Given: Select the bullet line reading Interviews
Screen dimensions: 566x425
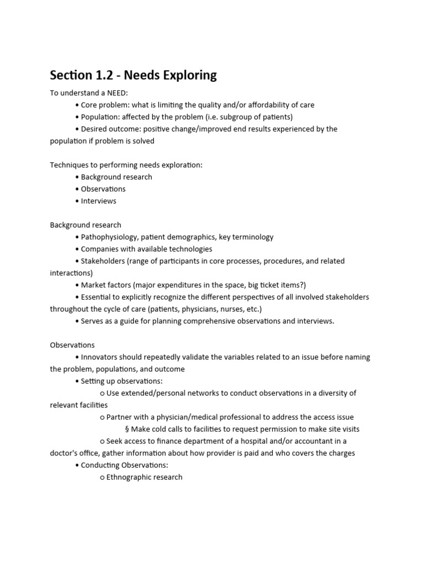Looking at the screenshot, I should (x=99, y=201).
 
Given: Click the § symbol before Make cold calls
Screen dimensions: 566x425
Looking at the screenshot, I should (x=127, y=429).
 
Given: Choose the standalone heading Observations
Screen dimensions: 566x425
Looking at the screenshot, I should (x=72, y=345).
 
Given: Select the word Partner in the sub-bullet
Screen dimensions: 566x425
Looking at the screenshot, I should (x=119, y=417).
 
